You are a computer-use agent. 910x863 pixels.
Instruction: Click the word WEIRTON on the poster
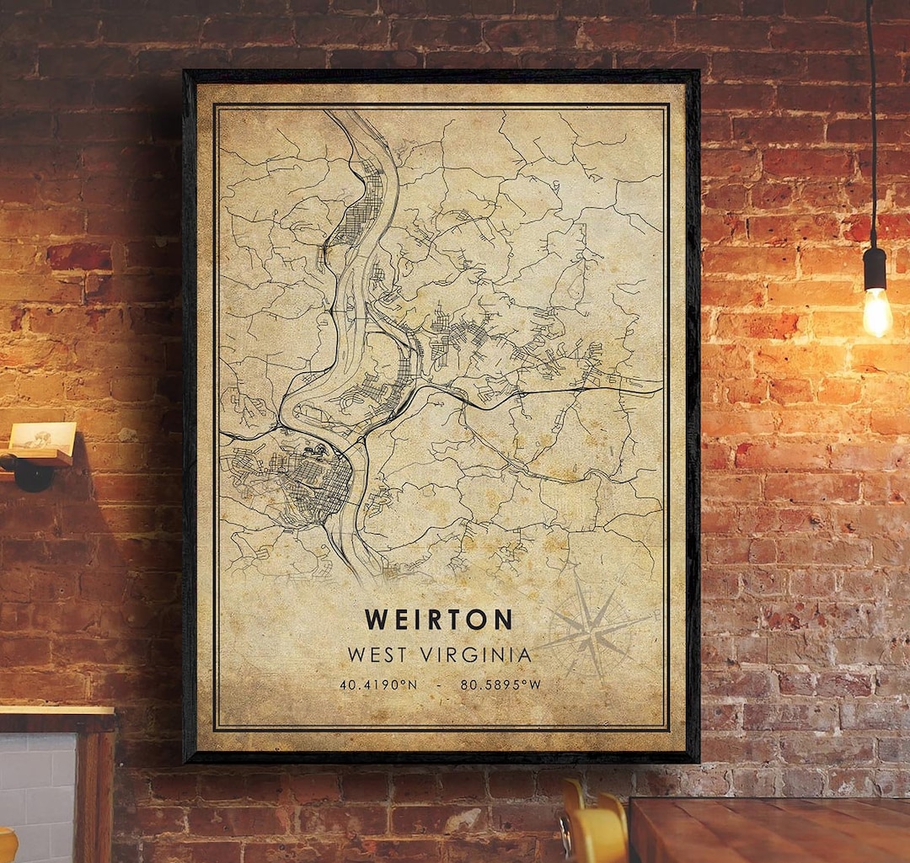[x=438, y=619]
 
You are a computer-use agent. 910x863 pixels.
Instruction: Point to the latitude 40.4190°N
[x=378, y=685]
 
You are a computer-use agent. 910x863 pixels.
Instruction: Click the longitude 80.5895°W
[x=500, y=685]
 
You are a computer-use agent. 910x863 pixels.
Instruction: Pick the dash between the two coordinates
[x=439, y=685]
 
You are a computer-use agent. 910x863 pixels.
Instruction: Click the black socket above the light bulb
[x=875, y=268]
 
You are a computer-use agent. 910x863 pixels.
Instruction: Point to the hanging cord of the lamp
[x=872, y=126]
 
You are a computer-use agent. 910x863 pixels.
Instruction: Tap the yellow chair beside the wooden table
[x=594, y=829]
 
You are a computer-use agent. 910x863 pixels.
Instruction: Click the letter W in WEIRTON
[x=375, y=619]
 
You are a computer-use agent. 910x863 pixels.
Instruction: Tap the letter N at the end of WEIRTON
[x=502, y=619]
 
